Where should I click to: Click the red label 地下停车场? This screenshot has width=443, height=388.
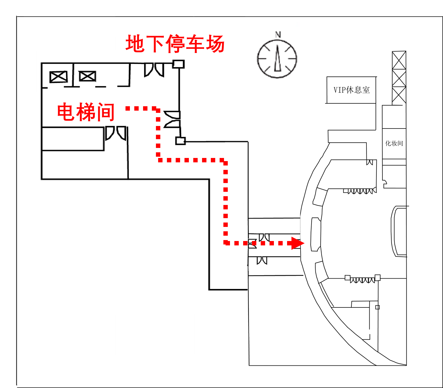(x=175, y=44)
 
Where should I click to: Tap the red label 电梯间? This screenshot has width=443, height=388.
(x=86, y=112)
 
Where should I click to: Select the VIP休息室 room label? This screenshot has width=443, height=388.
(x=351, y=90)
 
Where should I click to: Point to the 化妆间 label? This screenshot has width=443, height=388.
(x=394, y=144)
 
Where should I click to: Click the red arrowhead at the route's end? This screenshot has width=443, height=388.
(x=297, y=243)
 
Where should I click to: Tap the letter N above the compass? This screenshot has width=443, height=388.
(x=278, y=34)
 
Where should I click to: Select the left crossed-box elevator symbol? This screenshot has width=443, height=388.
(x=59, y=77)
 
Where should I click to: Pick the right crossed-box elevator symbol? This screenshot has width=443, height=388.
(x=87, y=76)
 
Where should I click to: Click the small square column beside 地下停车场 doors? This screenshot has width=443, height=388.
(x=179, y=64)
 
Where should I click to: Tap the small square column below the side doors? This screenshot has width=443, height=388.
(x=180, y=141)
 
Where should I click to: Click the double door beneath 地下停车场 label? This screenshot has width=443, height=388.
(x=154, y=70)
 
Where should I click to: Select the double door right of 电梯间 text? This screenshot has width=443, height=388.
(x=116, y=133)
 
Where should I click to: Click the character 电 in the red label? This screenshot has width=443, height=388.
(x=65, y=112)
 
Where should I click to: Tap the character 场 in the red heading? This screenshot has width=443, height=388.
(x=215, y=44)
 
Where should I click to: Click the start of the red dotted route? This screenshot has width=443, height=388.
(x=128, y=108)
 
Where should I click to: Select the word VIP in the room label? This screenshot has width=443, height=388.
(x=339, y=90)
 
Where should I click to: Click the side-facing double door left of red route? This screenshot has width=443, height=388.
(x=172, y=119)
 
